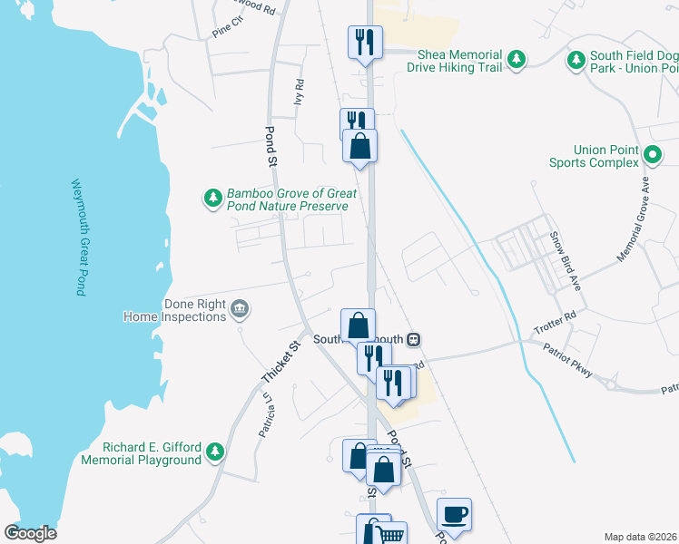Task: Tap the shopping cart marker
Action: tap(390, 535)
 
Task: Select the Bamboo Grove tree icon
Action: tap(213, 199)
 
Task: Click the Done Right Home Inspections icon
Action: tap(240, 310)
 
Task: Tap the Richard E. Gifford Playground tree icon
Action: tap(214, 451)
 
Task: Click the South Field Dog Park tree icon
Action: tap(576, 60)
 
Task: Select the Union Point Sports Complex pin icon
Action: tap(653, 155)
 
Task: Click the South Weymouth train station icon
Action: tap(413, 339)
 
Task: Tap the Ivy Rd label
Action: tap(299, 92)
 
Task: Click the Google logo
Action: tap(31, 533)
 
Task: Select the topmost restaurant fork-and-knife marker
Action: tap(365, 42)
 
